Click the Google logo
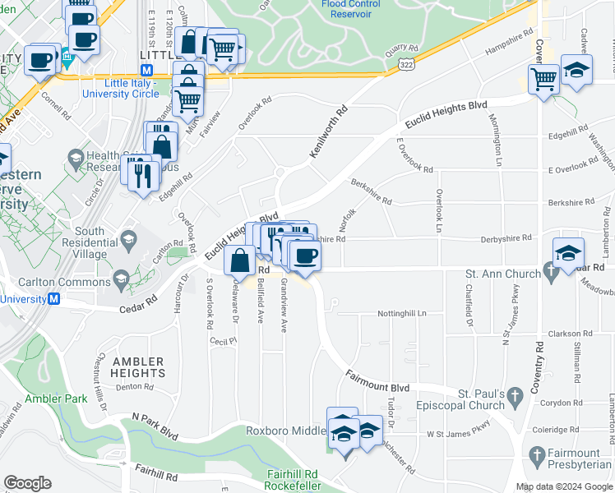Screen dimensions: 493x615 pyautogui.click(x=28, y=483)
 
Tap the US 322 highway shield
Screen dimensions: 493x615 pyautogui.click(x=405, y=63)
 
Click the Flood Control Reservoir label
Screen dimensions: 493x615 pyautogui.click(x=350, y=9)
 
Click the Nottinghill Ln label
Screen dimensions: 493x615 pyautogui.click(x=402, y=314)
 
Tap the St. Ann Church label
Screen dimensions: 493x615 pyautogui.click(x=502, y=272)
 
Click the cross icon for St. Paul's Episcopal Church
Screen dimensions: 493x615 pyautogui.click(x=515, y=397)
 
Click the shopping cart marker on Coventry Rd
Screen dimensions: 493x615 pyautogui.click(x=543, y=80)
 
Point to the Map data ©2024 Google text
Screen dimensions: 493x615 pyautogui.click(x=564, y=486)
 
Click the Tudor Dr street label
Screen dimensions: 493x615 pyautogui.click(x=391, y=416)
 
